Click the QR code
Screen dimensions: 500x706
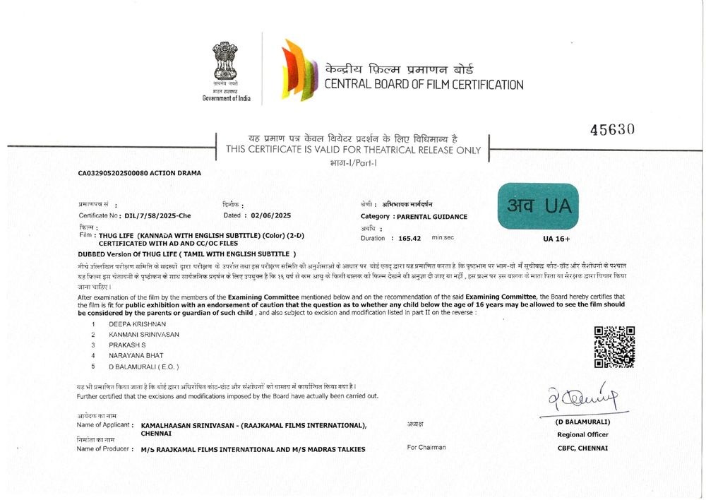tap(614, 347)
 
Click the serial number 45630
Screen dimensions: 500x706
tap(612, 129)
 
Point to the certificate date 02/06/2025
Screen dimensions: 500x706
tap(272, 215)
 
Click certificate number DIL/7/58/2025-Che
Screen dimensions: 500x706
tap(157, 215)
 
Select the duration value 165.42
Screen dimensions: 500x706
tap(409, 239)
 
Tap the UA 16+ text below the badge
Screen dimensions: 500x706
tap(557, 239)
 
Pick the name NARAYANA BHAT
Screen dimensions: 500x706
tap(136, 355)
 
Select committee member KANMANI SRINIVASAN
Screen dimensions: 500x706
tap(143, 333)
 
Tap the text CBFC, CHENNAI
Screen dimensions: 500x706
tap(582, 448)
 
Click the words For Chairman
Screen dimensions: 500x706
tap(426, 447)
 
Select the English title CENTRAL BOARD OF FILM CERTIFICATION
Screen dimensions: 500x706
tap(424, 85)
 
